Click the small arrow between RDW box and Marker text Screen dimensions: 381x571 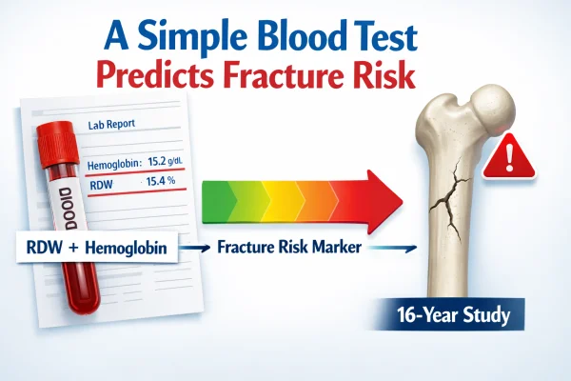(194, 247)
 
